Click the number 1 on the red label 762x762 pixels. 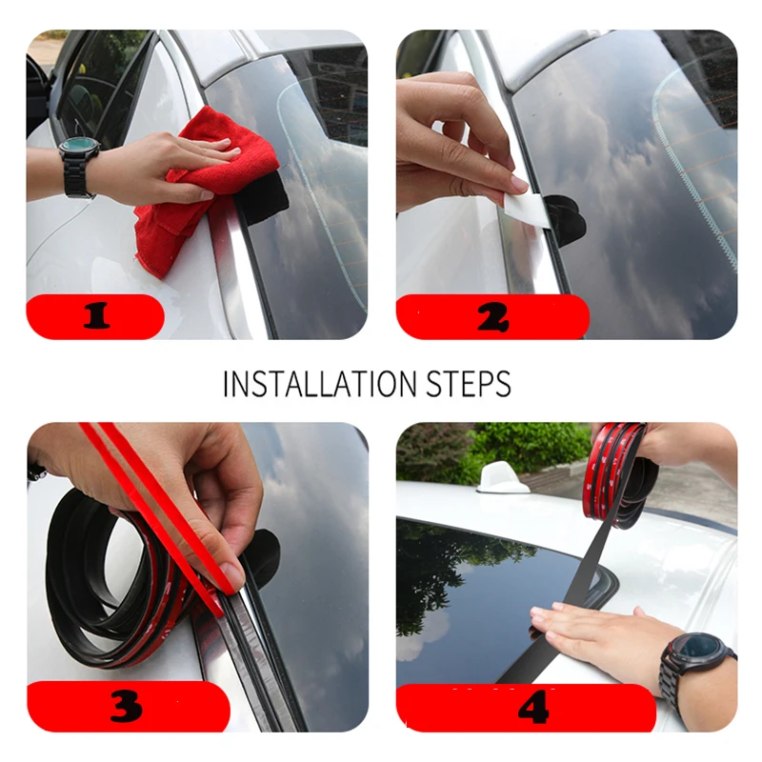point(95,316)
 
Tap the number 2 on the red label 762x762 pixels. point(491,317)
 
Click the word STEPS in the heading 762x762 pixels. point(467,383)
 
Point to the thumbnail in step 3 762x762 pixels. point(231,574)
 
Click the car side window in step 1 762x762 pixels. point(100,86)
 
